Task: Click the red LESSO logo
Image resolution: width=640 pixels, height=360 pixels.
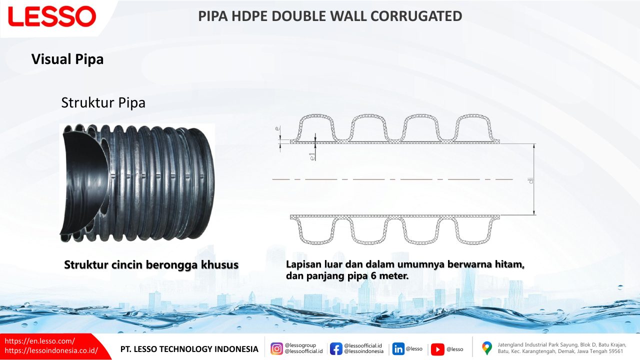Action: (x=52, y=16)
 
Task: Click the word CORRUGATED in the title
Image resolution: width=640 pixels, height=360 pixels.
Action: (x=416, y=16)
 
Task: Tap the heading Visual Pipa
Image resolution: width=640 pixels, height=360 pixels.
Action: (x=67, y=59)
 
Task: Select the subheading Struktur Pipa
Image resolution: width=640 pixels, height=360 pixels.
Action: (x=103, y=103)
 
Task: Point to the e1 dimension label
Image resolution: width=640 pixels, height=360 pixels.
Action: (x=312, y=156)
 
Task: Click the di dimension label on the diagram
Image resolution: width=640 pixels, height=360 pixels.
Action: (x=531, y=180)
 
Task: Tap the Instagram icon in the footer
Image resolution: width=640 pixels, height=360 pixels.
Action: (x=276, y=349)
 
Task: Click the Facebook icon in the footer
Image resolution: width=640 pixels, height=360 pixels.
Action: (x=336, y=349)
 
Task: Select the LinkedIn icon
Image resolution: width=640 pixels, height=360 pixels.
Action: (x=398, y=349)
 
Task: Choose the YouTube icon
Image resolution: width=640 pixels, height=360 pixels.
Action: (x=437, y=349)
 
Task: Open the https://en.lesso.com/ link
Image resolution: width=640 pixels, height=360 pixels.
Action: (x=39, y=341)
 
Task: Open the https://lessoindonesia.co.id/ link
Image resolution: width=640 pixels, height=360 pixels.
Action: (x=51, y=350)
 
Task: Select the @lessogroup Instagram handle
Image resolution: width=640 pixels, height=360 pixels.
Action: (x=300, y=345)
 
